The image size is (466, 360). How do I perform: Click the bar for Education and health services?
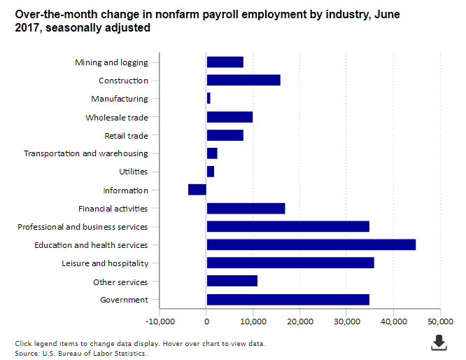pos(311,244)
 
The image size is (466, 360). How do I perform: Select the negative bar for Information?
pos(197,190)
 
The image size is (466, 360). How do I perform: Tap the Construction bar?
pos(243,81)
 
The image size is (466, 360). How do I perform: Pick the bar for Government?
pos(288,300)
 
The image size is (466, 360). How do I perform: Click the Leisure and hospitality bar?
pos(290,263)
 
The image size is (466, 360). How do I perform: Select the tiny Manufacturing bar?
pos(209,99)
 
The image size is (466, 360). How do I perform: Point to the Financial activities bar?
pos(246,208)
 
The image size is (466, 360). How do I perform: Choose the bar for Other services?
pos(232,281)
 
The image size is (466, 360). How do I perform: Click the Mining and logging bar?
pos(225,62)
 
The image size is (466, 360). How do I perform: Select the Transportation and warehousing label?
pos(86,153)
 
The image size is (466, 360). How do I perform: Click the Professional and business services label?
pos(83,227)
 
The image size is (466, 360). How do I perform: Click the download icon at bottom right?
pos(439,342)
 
